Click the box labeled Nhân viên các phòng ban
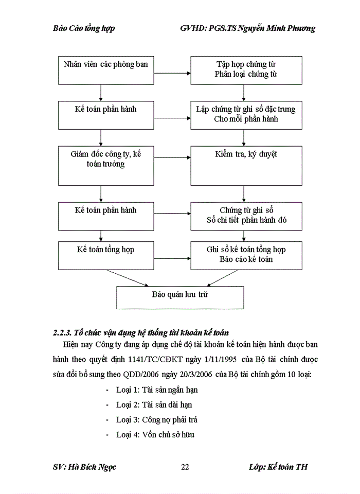[x=105, y=70]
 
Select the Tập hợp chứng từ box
[x=246, y=70]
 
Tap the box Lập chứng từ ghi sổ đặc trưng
[x=246, y=114]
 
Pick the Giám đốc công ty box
[x=105, y=165]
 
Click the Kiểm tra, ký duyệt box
[x=246, y=165]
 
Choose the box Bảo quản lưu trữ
[x=180, y=297]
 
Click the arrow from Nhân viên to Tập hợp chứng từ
[x=172, y=73]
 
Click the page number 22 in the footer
[x=185, y=467]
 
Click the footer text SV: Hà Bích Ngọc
[x=84, y=467]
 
